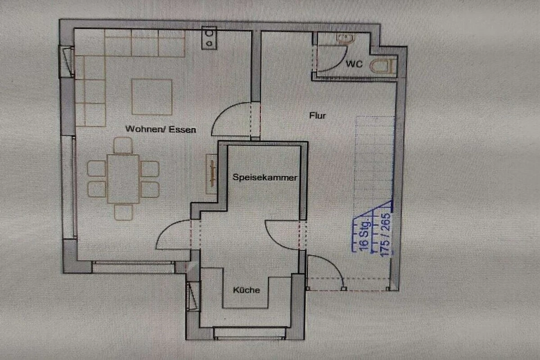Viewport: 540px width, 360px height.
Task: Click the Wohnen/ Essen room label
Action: click(161, 129)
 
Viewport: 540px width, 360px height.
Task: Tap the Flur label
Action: click(318, 116)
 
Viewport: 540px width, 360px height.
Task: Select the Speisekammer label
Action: click(265, 177)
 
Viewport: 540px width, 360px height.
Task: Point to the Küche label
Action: click(247, 290)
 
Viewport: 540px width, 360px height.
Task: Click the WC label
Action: click(354, 64)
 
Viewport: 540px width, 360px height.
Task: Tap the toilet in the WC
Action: click(383, 66)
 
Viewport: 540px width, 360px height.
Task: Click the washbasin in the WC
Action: click(346, 38)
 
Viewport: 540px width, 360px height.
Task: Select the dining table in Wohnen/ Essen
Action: click(123, 179)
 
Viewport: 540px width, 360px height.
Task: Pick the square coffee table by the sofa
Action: click(152, 97)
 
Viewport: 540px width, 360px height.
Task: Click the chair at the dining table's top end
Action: click(123, 145)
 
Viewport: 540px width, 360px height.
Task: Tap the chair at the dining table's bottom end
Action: click(123, 212)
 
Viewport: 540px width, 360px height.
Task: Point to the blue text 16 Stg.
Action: click(364, 234)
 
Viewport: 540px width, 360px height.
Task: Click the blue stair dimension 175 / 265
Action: click(385, 235)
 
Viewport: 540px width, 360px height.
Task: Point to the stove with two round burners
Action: click(209, 38)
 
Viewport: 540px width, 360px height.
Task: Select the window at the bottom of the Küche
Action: click(250, 333)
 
